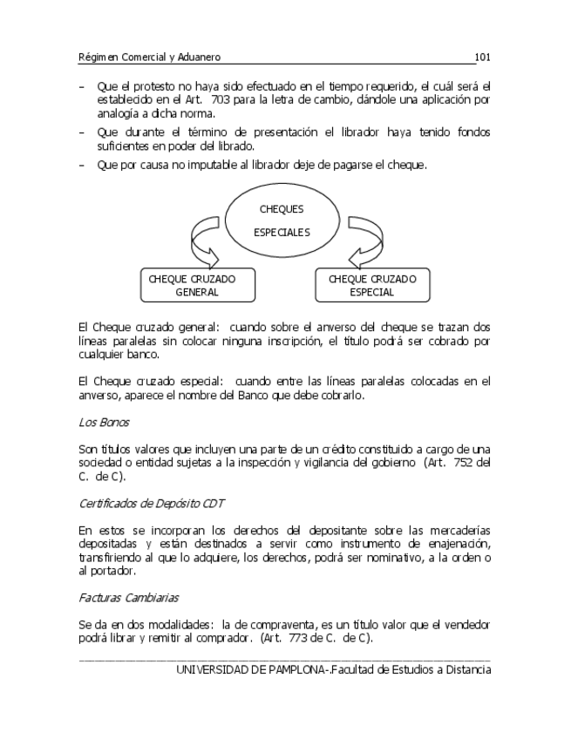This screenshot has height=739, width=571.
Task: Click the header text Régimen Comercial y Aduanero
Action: [x=149, y=57]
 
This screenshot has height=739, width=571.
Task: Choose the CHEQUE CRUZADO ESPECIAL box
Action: [x=372, y=286]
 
